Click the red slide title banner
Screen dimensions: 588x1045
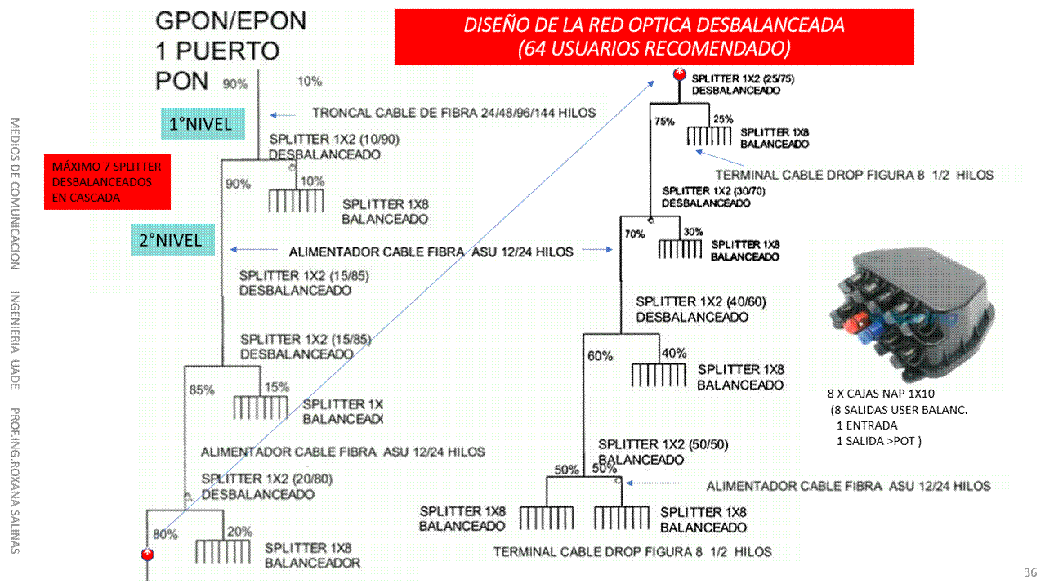point(654,37)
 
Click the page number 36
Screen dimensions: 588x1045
point(1030,572)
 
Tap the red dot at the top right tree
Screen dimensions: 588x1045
point(678,75)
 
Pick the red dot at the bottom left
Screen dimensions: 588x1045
point(148,555)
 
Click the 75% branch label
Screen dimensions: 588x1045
point(663,122)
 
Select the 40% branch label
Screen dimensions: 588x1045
point(673,353)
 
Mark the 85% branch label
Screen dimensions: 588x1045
point(202,390)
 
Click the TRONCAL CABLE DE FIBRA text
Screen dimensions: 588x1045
point(453,113)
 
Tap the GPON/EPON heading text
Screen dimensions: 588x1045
point(230,21)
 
